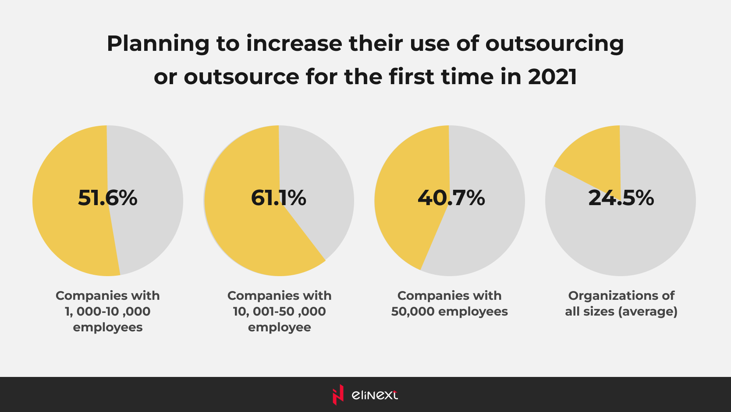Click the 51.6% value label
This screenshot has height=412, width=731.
[x=107, y=198]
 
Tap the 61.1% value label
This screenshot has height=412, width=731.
[x=279, y=198]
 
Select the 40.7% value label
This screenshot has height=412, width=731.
[x=451, y=198]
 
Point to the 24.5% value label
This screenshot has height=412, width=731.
[x=621, y=198]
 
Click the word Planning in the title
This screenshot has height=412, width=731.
[x=158, y=44]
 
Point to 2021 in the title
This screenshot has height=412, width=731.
[x=552, y=77]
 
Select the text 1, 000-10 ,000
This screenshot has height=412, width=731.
[x=107, y=312]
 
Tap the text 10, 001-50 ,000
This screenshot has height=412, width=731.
[x=279, y=312]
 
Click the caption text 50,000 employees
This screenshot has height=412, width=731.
[x=449, y=312]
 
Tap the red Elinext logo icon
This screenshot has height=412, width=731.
[x=338, y=394]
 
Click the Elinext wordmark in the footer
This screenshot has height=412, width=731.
[x=375, y=395]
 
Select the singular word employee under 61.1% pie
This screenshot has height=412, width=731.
[x=279, y=327]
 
